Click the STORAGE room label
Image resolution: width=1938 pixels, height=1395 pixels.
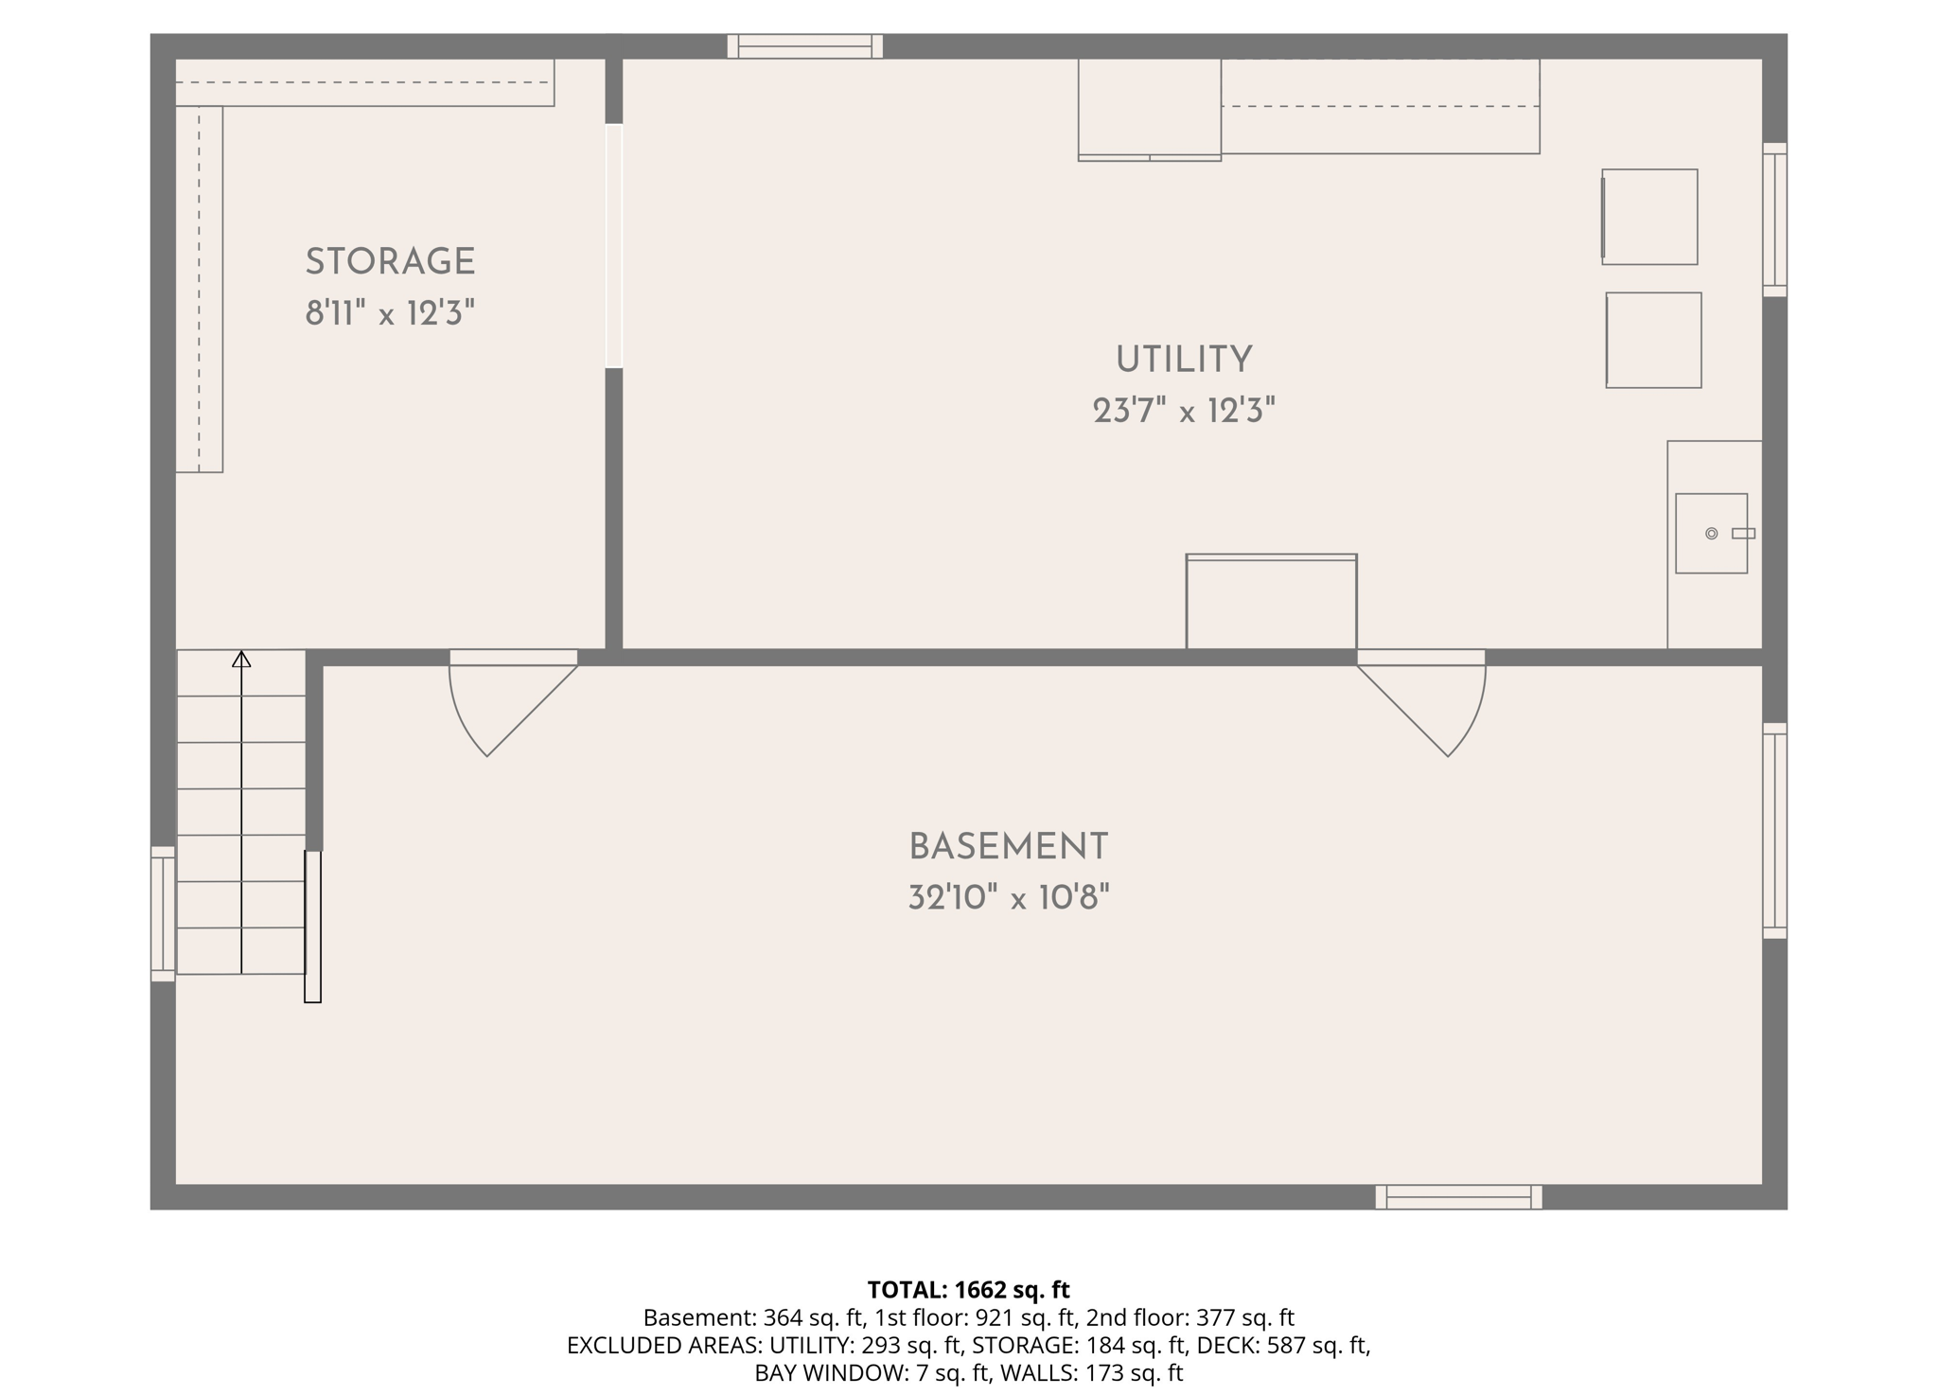390,262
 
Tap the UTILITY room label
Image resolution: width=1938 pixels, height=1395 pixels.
1184,360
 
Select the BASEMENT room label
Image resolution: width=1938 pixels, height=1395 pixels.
1009,847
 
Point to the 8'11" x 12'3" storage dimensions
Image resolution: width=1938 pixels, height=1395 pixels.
390,312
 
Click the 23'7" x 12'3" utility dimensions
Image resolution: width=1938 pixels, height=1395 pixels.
1184,411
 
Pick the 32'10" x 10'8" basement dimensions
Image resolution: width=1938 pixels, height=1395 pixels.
1009,897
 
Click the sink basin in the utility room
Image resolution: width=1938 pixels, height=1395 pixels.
1711,533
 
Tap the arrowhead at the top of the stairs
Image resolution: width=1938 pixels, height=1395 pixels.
241,659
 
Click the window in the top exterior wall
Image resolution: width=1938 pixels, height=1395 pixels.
805,46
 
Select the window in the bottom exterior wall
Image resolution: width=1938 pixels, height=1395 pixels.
1458,1197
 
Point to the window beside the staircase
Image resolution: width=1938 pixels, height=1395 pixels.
163,913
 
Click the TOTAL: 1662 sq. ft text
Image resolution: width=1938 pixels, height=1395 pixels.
968,1289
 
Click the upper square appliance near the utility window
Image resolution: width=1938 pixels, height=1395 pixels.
1649,217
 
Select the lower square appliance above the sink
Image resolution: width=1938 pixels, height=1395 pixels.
1653,340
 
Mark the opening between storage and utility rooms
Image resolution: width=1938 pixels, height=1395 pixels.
614,246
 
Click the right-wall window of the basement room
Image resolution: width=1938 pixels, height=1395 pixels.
1775,831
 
